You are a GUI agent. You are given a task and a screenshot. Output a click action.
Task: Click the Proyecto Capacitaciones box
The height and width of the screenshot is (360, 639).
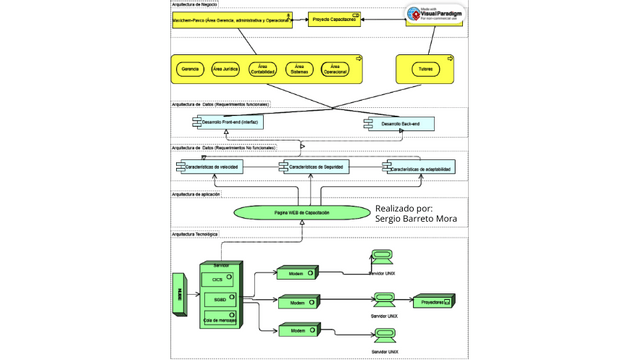click(334, 19)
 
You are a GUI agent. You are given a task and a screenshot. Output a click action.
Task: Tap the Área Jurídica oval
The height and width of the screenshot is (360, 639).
click(226, 69)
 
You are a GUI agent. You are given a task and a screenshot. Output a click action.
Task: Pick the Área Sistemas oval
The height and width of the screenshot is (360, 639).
click(300, 69)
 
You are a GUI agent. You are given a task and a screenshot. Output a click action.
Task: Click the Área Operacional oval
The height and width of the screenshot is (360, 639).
click(335, 69)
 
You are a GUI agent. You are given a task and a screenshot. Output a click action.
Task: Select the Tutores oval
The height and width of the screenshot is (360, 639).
click(414, 69)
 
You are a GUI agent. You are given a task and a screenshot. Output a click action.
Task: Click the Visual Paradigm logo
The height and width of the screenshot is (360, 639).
click(434, 15)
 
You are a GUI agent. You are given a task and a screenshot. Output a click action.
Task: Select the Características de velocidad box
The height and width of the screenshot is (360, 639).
click(214, 167)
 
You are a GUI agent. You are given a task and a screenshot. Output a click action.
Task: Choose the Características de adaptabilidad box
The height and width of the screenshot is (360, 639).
click(425, 169)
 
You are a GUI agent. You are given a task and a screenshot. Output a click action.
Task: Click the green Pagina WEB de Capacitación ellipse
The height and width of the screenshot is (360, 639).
click(301, 212)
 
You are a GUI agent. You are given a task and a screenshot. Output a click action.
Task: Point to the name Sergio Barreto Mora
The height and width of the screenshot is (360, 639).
click(416, 217)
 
